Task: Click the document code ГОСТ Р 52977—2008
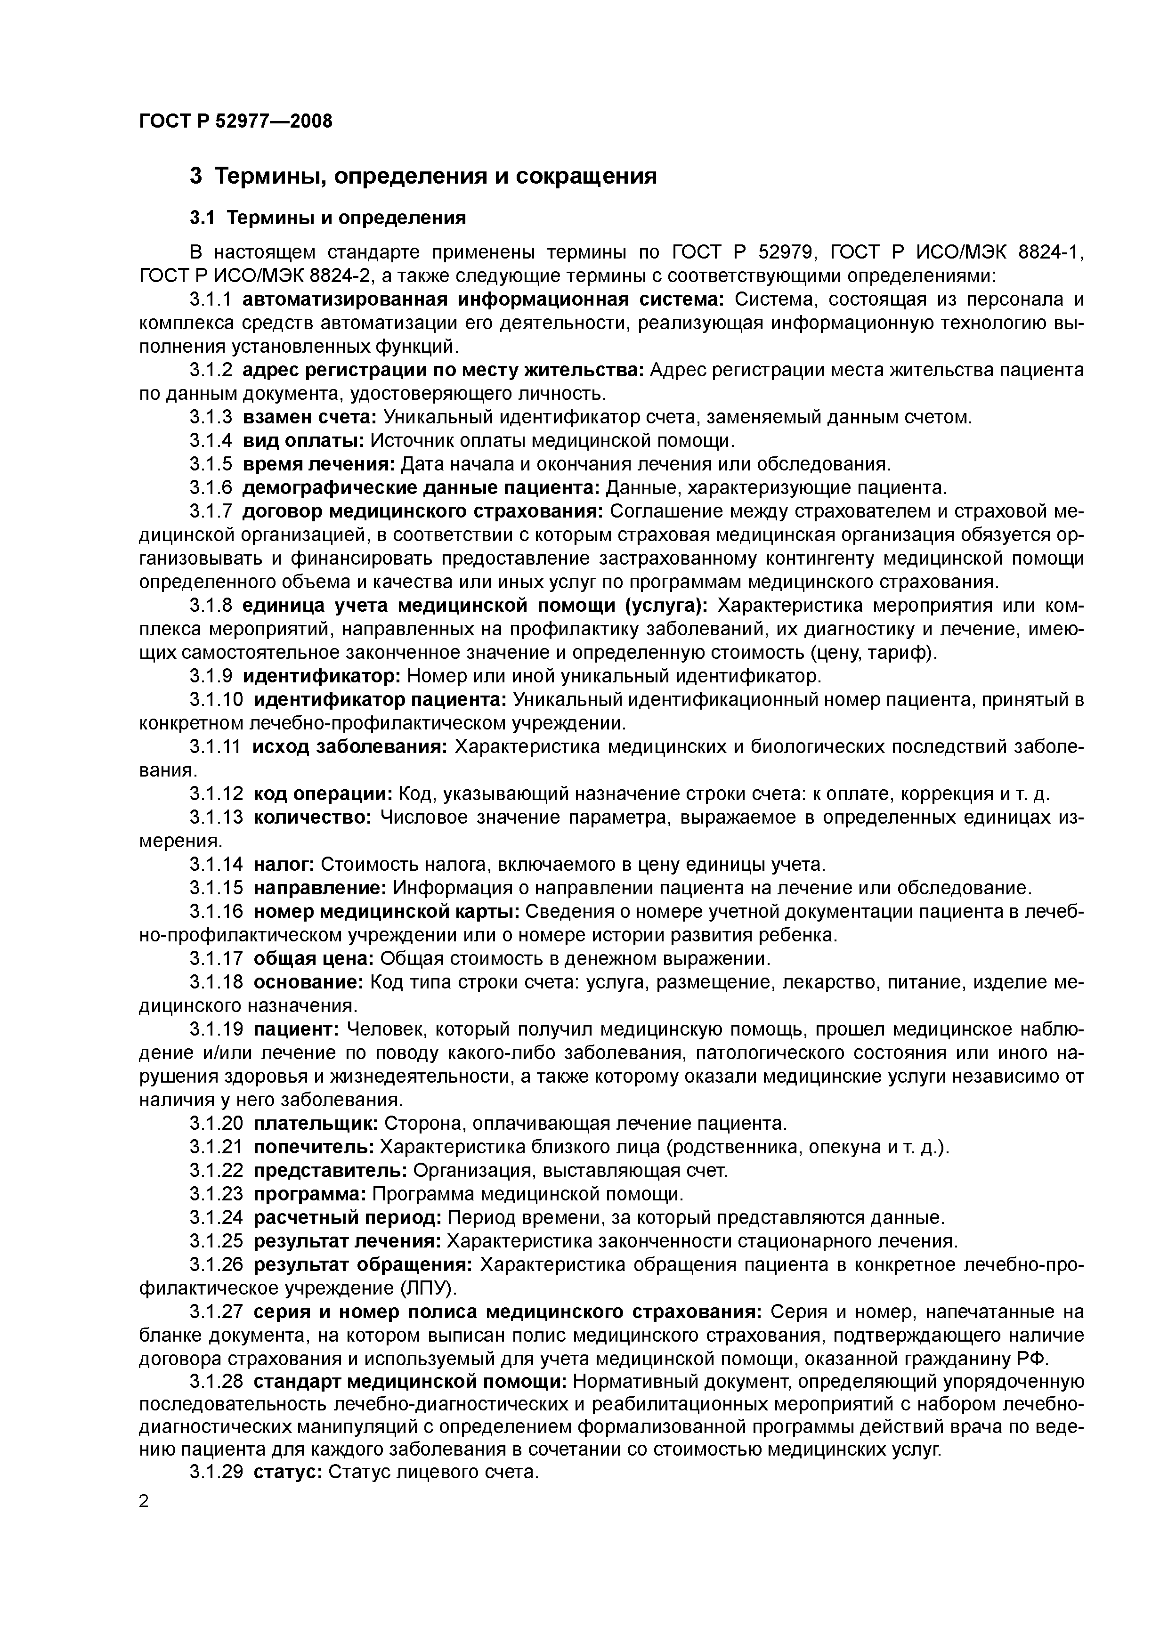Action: pyautogui.click(x=235, y=121)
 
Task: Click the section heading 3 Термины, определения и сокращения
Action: pyautogui.click(x=422, y=176)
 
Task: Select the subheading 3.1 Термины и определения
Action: pyautogui.click(x=327, y=217)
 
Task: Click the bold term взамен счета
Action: pyautogui.click(x=309, y=417)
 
